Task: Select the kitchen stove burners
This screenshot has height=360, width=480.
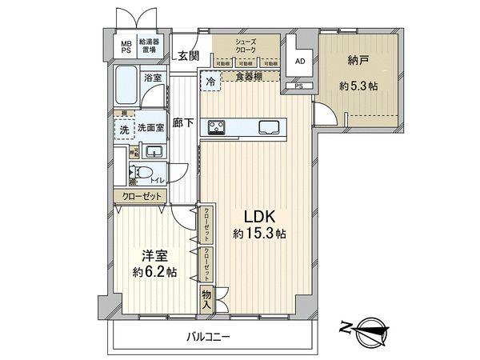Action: coord(218,125)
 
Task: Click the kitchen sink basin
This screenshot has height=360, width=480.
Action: coord(267,126)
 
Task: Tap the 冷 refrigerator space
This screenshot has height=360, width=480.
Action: coord(210,81)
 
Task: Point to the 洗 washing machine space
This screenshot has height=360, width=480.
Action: coord(124,130)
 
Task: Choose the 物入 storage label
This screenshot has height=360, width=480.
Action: coord(206,300)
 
